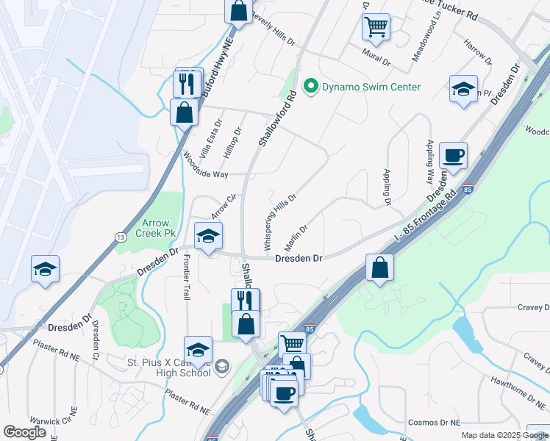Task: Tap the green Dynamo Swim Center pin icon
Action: (x=311, y=87)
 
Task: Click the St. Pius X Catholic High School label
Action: (x=169, y=366)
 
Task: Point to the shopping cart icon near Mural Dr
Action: (x=376, y=27)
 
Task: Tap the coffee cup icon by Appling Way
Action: (x=453, y=156)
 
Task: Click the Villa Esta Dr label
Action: (x=211, y=139)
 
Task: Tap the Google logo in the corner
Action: (x=25, y=432)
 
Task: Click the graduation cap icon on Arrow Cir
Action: (x=209, y=237)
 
